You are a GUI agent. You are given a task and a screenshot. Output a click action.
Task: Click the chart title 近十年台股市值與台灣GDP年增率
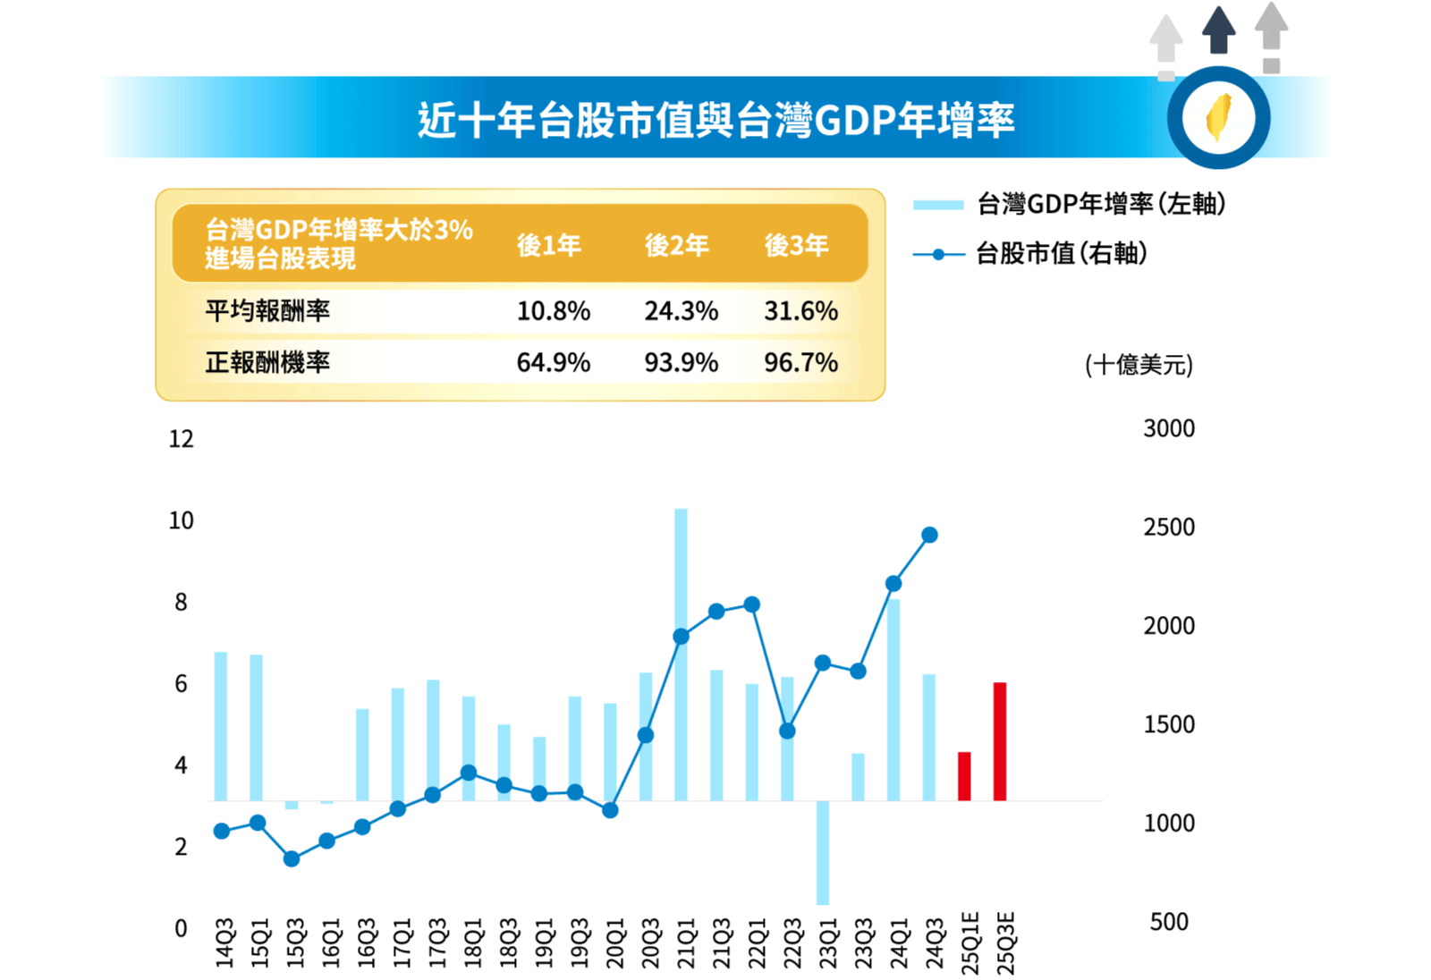(715, 120)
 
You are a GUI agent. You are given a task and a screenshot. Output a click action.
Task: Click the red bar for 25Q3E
(1000, 741)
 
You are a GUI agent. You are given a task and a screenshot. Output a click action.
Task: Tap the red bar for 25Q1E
(964, 776)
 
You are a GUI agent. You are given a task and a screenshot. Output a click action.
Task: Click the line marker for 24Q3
(929, 535)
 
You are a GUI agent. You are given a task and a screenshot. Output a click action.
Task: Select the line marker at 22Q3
(787, 731)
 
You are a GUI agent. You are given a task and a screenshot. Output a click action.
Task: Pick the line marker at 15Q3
(292, 858)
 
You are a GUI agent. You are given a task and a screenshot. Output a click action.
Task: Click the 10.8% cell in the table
(553, 311)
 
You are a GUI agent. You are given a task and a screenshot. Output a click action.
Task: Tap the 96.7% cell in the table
(800, 363)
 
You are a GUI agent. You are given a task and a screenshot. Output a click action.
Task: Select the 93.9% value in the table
(681, 363)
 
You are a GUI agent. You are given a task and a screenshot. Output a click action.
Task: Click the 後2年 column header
(676, 245)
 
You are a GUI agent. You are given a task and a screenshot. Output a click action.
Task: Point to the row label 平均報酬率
(267, 311)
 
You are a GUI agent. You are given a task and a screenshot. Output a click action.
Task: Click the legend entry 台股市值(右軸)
(1061, 254)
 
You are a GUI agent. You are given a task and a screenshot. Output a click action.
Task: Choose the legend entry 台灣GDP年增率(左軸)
(1100, 204)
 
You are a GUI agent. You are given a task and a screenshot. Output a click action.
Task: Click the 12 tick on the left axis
(181, 439)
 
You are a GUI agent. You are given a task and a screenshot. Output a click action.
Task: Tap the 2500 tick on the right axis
(1168, 528)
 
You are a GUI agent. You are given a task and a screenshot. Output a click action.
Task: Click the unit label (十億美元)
(1138, 365)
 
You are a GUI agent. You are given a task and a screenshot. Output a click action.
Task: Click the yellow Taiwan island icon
(1218, 117)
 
